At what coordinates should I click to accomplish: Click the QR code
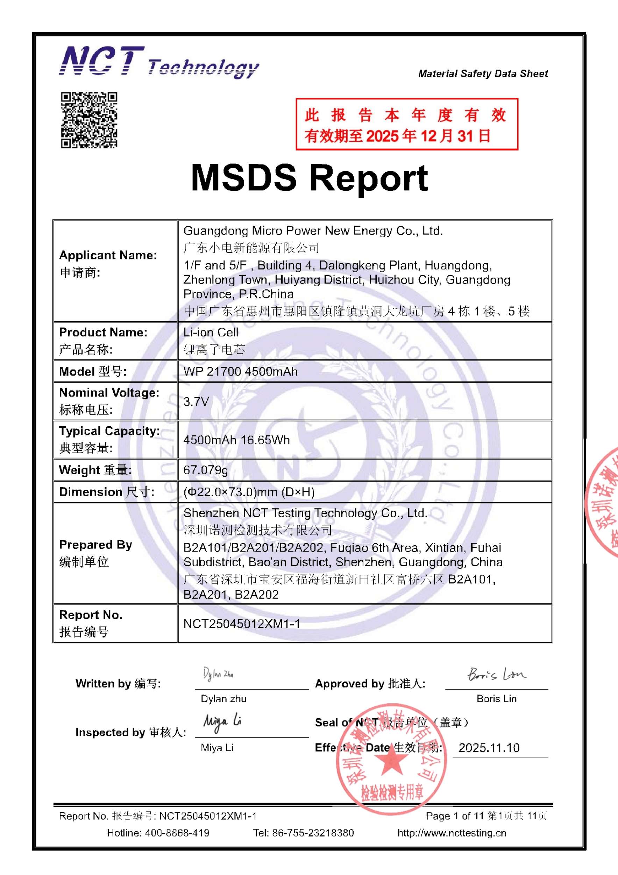click(x=89, y=120)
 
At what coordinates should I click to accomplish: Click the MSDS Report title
click(x=309, y=178)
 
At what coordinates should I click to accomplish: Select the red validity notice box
click(x=407, y=124)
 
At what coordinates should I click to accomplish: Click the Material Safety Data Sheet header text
click(x=483, y=73)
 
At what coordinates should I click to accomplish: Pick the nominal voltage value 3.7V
click(x=196, y=401)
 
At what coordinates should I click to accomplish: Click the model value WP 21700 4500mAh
click(x=240, y=372)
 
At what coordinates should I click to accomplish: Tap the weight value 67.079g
click(x=206, y=470)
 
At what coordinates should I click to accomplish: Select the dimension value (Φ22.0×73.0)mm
click(x=249, y=492)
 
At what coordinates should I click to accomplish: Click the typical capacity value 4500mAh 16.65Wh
click(x=236, y=440)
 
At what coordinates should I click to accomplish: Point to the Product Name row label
click(x=103, y=340)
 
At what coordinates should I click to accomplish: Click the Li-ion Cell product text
click(x=211, y=332)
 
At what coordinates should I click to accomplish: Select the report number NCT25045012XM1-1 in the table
click(x=241, y=624)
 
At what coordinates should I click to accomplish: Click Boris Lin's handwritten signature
click(x=497, y=674)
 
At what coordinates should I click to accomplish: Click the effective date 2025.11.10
click(x=489, y=748)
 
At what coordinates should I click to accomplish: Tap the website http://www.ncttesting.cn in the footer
click(x=452, y=833)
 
